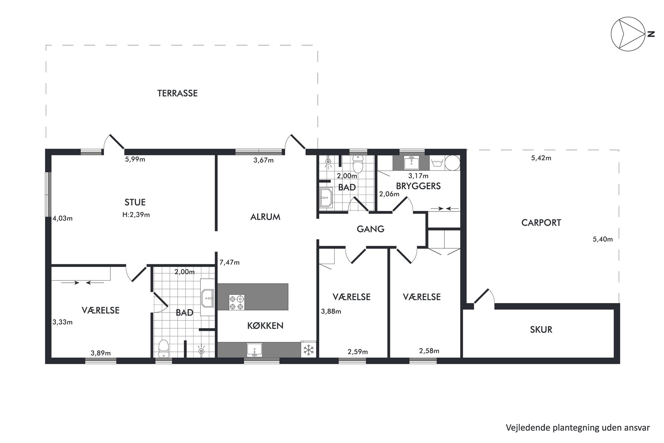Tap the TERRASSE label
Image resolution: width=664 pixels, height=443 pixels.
click(177, 93)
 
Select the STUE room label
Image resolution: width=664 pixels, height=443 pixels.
click(135, 202)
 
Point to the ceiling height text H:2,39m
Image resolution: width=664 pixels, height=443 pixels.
click(136, 215)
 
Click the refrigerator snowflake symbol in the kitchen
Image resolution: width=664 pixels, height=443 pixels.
click(309, 350)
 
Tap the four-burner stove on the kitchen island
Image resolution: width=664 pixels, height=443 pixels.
click(237, 302)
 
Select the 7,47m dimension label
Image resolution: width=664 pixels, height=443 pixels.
click(230, 263)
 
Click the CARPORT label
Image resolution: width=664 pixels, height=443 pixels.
click(541, 223)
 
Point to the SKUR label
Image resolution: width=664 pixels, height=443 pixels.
click(541, 329)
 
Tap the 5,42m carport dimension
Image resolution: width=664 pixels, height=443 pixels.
click(541, 158)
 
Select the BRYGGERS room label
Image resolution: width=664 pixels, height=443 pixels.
click(418, 186)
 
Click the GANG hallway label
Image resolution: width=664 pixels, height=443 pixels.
click(370, 229)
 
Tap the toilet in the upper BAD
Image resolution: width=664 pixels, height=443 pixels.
click(358, 163)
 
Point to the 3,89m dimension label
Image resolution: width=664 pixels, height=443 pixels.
click(101, 353)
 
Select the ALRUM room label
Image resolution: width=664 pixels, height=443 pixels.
click(265, 217)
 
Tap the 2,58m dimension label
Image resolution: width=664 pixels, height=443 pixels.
click(429, 351)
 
